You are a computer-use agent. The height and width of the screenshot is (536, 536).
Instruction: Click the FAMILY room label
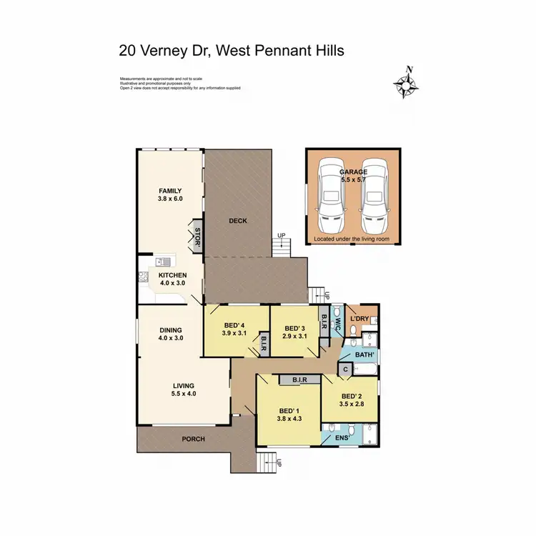coord(170,191)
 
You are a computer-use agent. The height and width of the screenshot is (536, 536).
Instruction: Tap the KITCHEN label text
coord(173,275)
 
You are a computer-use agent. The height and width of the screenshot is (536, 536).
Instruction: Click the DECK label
coord(238,221)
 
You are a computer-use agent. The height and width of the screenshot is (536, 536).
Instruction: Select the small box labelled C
coord(345,369)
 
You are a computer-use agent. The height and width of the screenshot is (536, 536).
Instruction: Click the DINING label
coord(171,329)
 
